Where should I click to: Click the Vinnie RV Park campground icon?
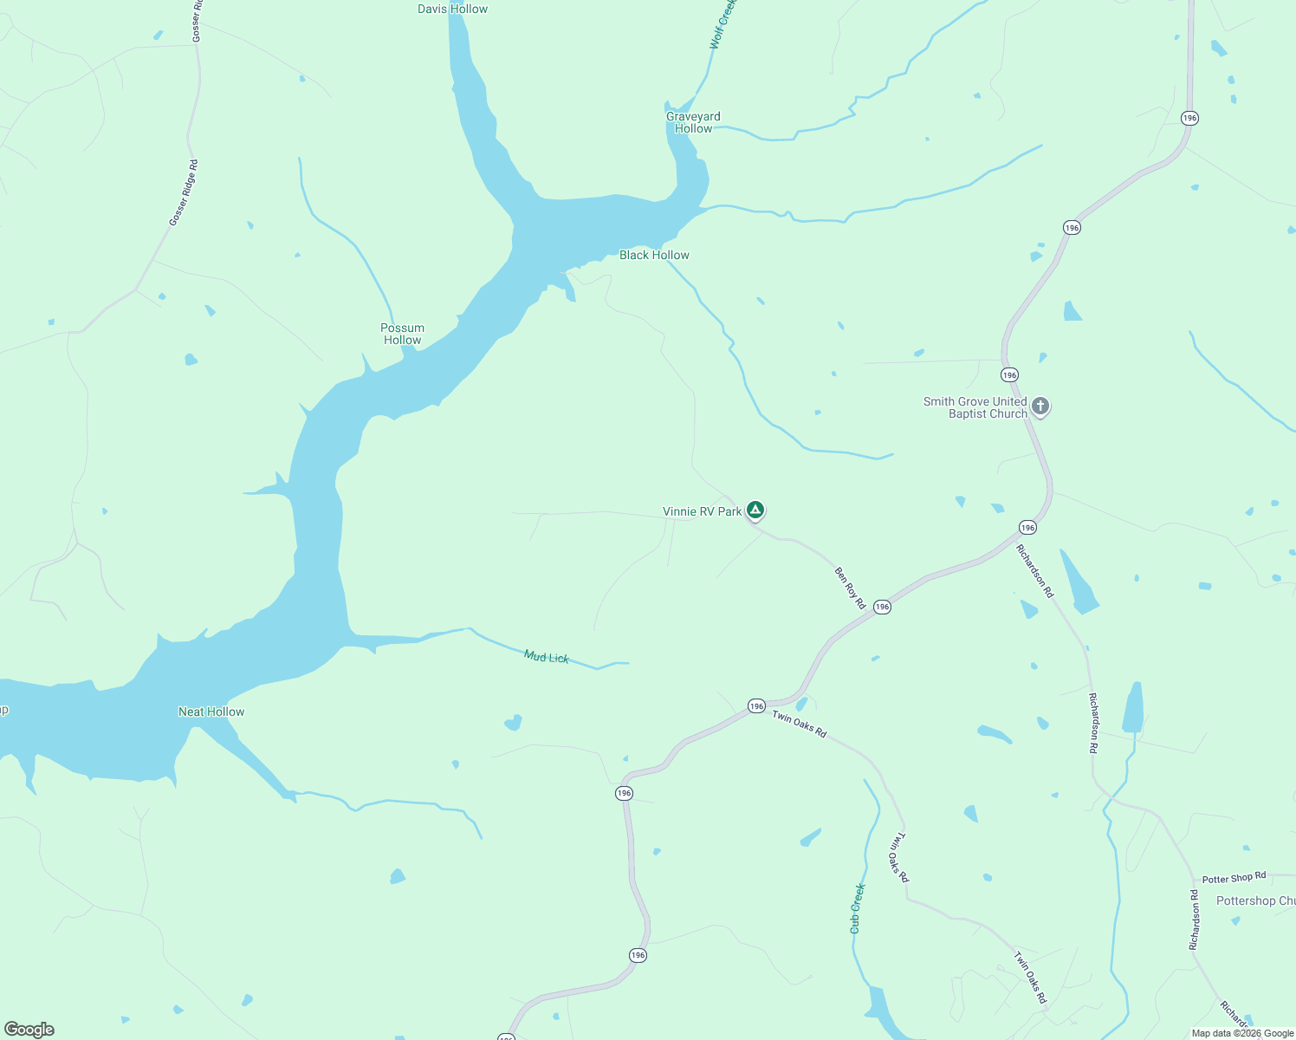click(755, 510)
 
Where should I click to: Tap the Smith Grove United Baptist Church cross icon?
click(1040, 406)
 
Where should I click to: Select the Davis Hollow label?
click(452, 9)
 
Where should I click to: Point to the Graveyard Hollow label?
click(693, 122)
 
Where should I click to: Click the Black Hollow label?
click(654, 255)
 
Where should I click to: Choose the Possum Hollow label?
click(402, 334)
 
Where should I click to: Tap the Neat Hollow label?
click(211, 712)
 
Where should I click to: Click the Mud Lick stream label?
click(547, 657)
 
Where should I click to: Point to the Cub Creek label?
click(857, 908)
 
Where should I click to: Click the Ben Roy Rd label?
click(849, 587)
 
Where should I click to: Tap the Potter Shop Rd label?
click(1234, 878)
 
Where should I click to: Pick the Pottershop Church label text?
click(1255, 900)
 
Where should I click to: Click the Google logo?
click(29, 1030)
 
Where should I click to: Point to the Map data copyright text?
click(1242, 1033)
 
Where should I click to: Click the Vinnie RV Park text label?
click(702, 511)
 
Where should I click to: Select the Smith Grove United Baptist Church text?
click(975, 407)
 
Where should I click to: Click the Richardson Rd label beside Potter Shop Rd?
click(1194, 919)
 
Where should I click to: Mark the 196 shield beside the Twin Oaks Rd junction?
click(756, 706)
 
